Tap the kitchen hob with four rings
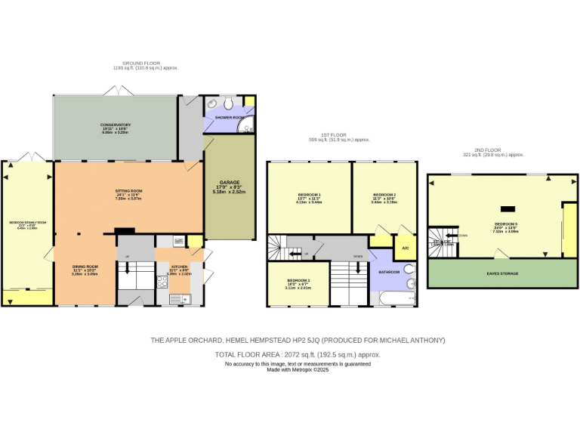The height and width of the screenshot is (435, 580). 162,282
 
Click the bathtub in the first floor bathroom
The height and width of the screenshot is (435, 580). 393,300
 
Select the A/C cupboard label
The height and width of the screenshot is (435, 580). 405,248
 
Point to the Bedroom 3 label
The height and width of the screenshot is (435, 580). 298,283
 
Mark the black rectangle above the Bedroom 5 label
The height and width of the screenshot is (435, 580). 507,208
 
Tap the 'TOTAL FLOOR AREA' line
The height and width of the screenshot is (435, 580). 298,354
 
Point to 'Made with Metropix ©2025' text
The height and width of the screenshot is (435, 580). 298,369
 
